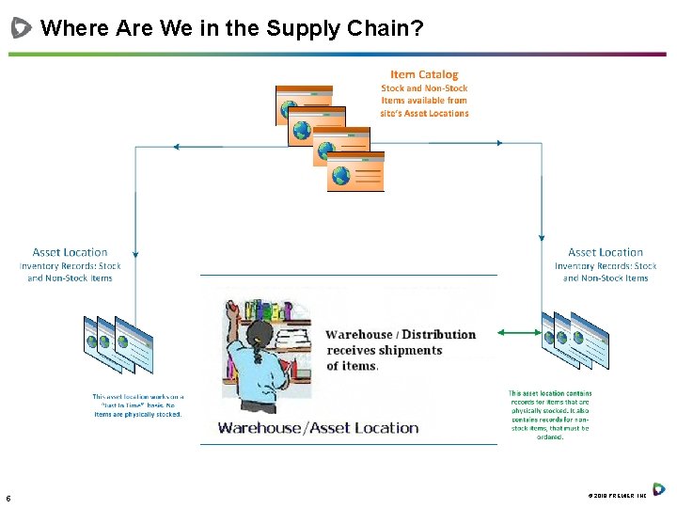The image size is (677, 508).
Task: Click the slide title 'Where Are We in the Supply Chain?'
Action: click(x=231, y=28)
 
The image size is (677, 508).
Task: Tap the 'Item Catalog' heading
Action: click(x=424, y=74)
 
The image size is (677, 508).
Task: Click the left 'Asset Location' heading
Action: click(x=70, y=252)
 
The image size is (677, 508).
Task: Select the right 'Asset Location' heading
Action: click(x=606, y=252)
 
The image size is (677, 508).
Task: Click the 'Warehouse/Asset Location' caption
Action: click(x=318, y=428)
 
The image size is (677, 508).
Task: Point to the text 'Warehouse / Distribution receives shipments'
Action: click(x=401, y=342)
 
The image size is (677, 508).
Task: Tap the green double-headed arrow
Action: click(x=520, y=332)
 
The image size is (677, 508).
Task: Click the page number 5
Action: click(x=8, y=498)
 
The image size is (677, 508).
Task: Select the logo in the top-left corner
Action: click(x=21, y=28)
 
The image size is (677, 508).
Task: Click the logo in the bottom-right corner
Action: click(x=659, y=489)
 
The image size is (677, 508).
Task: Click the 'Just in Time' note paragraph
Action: click(x=137, y=405)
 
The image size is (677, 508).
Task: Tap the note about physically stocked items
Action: click(x=550, y=415)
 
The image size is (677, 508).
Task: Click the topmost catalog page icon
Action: click(x=303, y=103)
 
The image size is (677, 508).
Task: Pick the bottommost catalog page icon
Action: click(x=355, y=172)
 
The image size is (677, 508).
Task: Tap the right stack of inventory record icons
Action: click(x=575, y=336)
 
